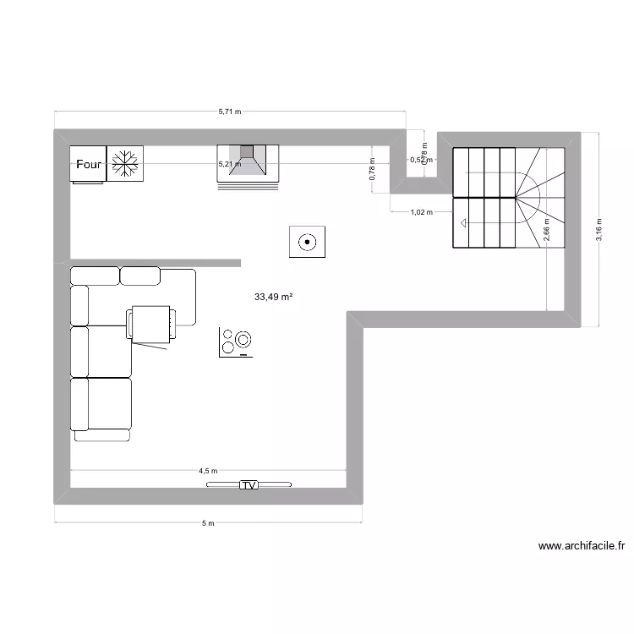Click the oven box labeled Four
click(88, 164)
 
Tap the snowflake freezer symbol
click(125, 164)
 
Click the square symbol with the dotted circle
click(308, 242)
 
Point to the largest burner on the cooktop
click(243, 340)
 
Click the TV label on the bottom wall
click(249, 485)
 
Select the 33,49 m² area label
click(273, 297)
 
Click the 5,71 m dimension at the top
click(229, 111)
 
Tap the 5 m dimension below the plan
click(209, 523)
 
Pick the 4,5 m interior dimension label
click(208, 471)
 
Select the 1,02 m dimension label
click(420, 212)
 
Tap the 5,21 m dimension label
click(229, 164)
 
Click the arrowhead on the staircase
click(463, 223)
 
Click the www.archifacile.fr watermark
click(582, 547)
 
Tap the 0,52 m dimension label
click(420, 159)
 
